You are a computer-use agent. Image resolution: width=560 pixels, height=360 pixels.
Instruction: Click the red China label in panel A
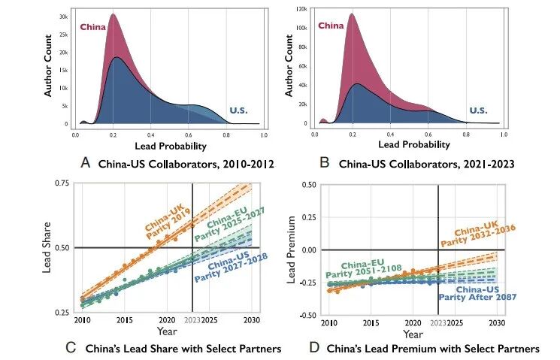[94, 28]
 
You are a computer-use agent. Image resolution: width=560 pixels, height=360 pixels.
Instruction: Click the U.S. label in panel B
[479, 110]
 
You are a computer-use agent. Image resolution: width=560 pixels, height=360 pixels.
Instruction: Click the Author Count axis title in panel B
[289, 70]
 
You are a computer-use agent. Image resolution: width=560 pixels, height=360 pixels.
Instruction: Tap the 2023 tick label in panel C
[192, 322]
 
